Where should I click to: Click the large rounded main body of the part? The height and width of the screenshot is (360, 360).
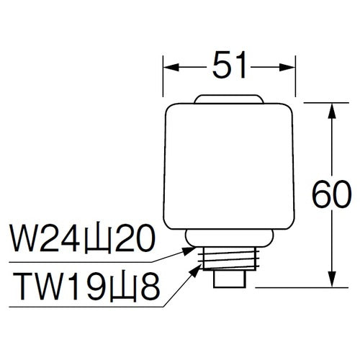coord(229,166)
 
